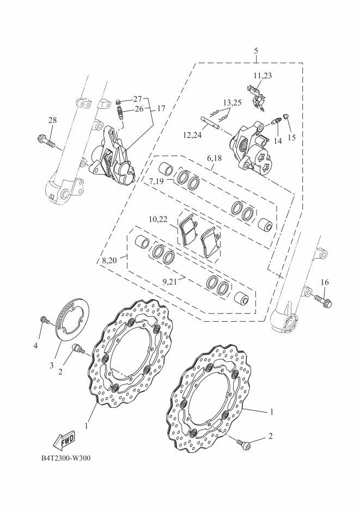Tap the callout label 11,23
(263, 76)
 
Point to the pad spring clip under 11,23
(257, 96)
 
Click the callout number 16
(325, 282)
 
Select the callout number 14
(277, 140)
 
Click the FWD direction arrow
(64, 440)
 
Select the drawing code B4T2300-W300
(66, 458)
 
